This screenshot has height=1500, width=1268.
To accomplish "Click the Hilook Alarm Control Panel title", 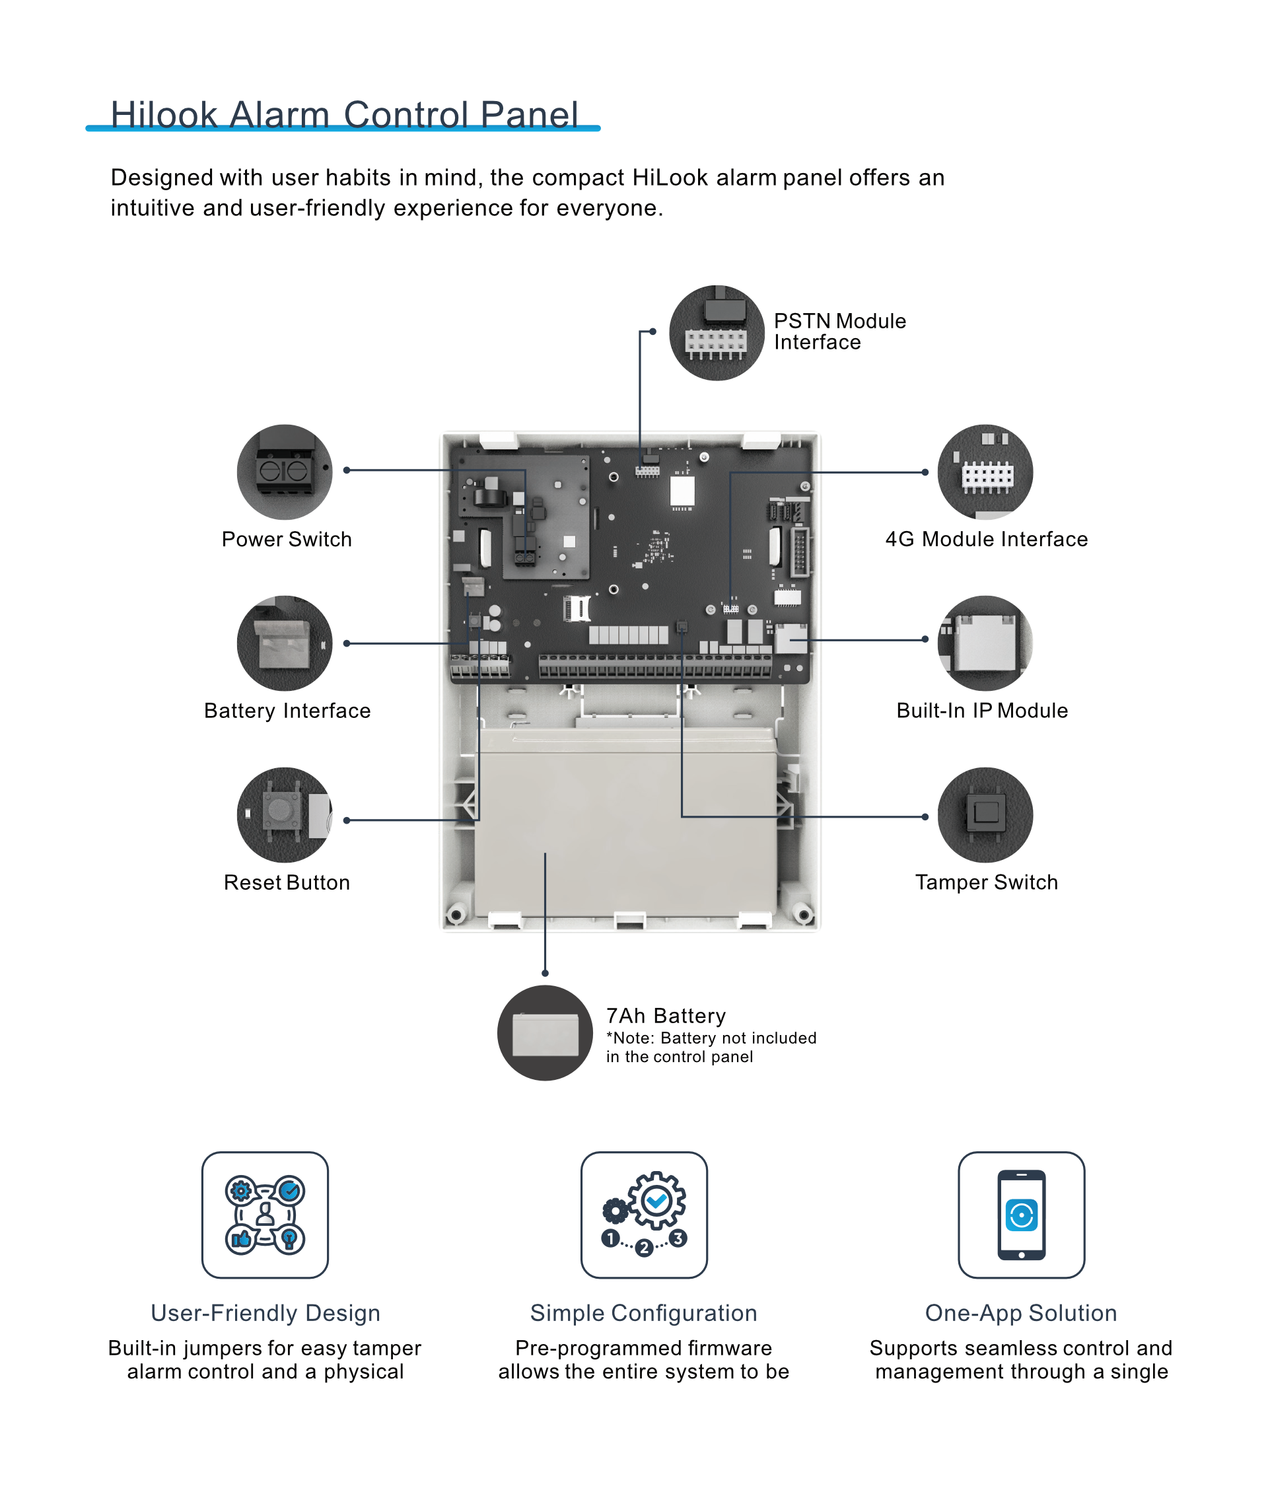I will (343, 114).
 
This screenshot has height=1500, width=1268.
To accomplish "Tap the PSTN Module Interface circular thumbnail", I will (716, 333).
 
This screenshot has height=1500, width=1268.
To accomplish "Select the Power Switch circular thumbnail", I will (285, 472).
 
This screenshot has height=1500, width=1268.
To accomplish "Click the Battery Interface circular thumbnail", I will (285, 643).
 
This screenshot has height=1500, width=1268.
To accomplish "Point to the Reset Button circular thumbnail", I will (285, 814).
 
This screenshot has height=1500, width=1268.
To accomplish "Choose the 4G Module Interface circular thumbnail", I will (985, 472).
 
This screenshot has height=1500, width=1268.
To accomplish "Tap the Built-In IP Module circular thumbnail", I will (985, 643).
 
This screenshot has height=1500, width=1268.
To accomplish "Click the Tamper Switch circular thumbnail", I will (985, 814).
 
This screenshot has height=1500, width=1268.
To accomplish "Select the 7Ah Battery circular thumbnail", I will (545, 1033).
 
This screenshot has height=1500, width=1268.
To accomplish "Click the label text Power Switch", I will (286, 539).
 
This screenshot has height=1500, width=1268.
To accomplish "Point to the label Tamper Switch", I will (986, 882).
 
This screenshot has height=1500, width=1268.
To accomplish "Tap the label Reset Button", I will (286, 882).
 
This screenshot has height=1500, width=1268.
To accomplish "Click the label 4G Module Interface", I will (986, 539).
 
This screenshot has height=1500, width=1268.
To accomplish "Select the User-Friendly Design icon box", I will (265, 1215).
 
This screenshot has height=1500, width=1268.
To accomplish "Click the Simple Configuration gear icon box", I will (643, 1215).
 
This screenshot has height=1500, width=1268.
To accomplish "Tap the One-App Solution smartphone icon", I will (1021, 1215).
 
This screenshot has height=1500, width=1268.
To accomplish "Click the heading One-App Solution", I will (1021, 1312).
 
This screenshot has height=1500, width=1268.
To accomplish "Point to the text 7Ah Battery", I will (666, 1016).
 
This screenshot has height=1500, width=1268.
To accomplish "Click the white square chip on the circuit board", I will (682, 492).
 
